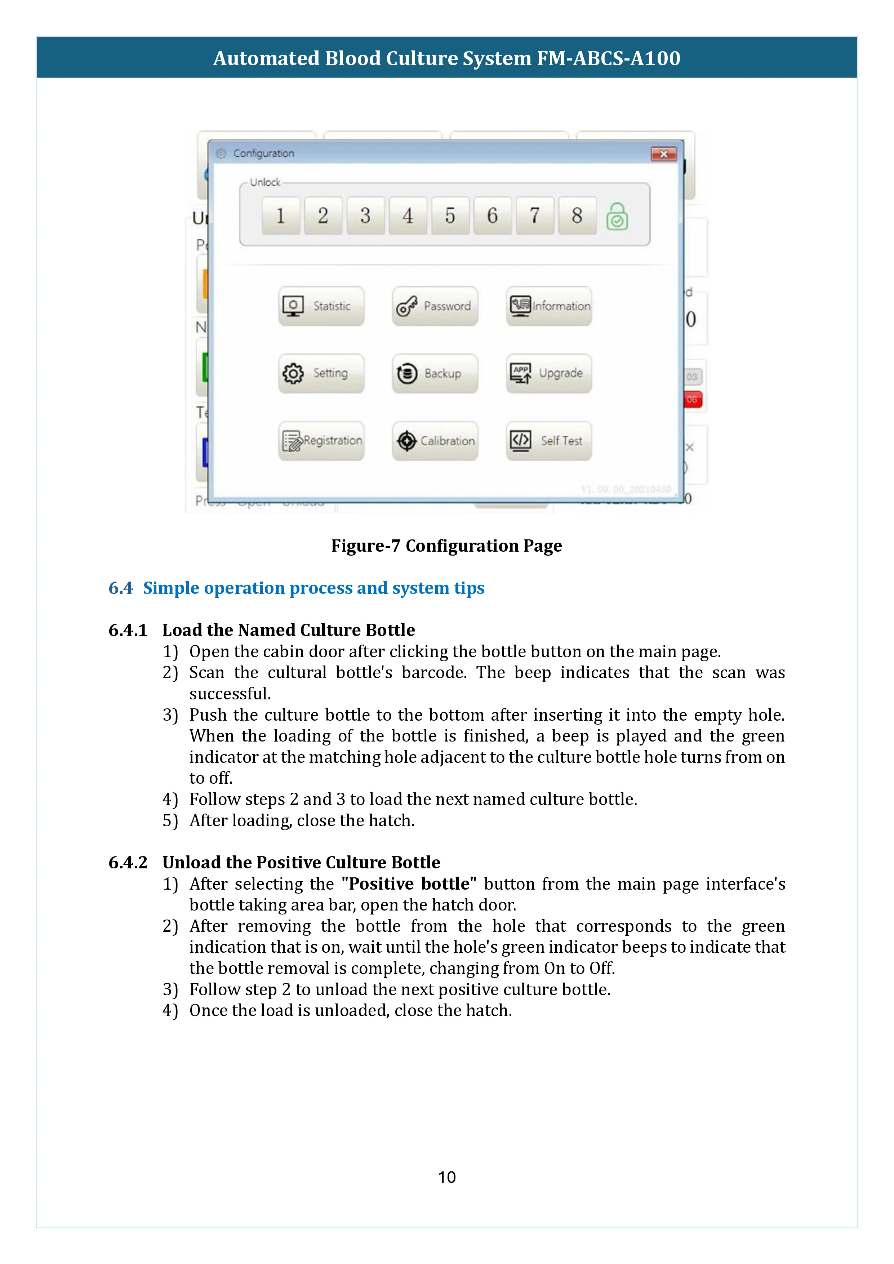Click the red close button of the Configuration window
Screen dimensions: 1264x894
663,154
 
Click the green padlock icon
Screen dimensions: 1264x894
617,216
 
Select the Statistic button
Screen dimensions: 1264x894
321,306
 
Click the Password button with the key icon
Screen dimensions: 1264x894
435,306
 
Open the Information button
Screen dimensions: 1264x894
549,306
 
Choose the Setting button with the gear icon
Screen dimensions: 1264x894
321,373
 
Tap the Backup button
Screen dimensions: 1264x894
435,373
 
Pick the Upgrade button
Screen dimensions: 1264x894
549,373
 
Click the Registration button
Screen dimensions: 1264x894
321,440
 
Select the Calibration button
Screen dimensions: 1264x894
435,440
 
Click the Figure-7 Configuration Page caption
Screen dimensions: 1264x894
446,546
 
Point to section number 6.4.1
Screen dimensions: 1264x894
128,630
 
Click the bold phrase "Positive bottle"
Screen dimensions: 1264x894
409,884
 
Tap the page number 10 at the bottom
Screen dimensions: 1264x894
446,1177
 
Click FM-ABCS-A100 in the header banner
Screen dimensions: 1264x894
608,58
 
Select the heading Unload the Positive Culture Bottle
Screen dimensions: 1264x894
301,862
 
